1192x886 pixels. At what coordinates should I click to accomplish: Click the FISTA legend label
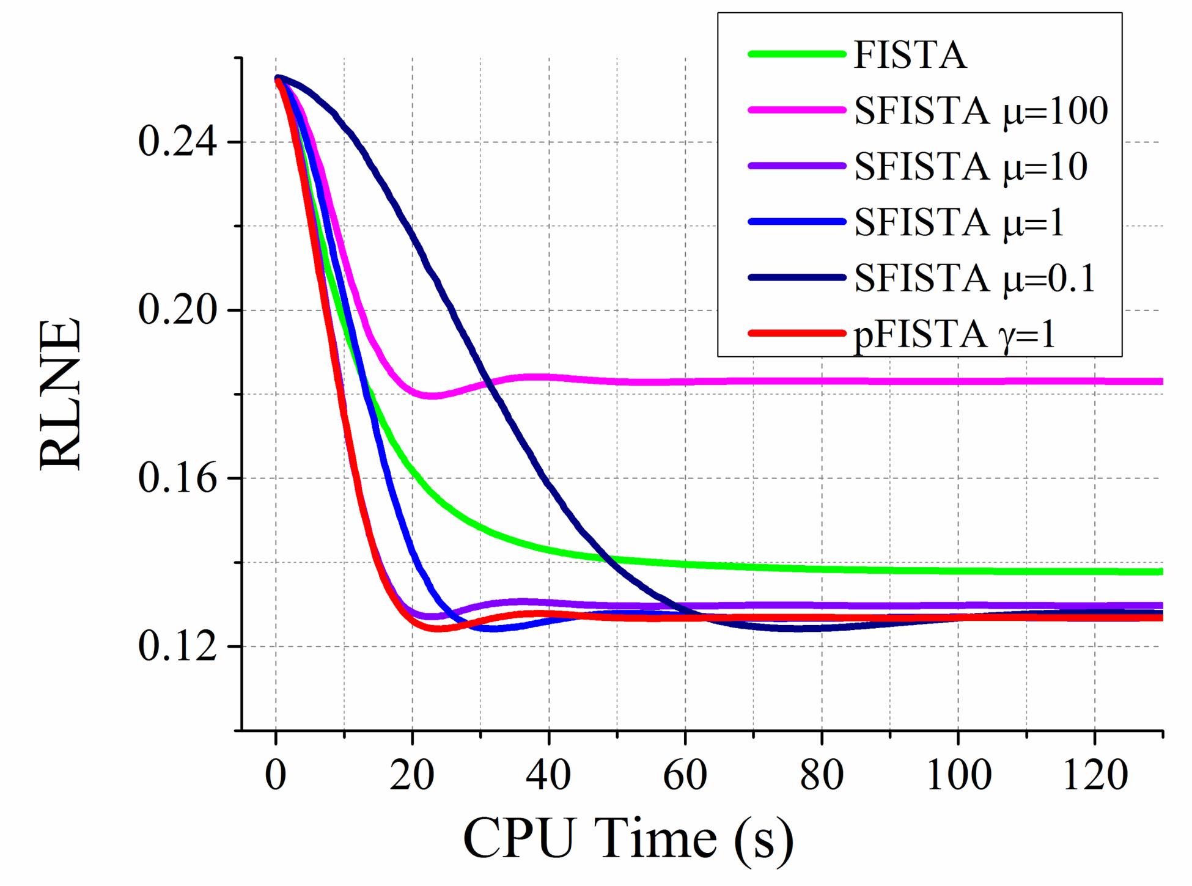tap(910, 55)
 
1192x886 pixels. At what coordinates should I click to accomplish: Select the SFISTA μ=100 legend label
tap(980, 111)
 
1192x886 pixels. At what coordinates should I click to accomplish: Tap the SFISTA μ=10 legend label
tap(971, 166)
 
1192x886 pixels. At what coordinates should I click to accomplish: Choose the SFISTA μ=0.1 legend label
tap(974, 278)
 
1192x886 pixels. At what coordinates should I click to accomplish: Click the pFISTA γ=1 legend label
tap(954, 334)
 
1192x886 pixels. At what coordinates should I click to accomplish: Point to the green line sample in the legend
tap(796, 54)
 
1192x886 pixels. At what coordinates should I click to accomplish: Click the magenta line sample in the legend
tap(796, 111)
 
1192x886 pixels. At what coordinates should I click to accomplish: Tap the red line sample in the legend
tap(796, 334)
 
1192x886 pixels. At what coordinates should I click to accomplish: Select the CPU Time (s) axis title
tap(628, 839)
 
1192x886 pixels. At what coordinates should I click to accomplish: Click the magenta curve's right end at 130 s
tap(1161, 381)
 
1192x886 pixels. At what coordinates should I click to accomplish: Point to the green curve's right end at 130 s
tap(1161, 572)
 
